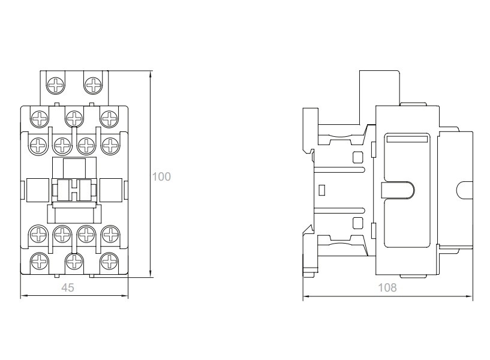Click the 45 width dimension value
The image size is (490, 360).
click(x=68, y=287)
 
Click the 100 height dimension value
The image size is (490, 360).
click(x=161, y=176)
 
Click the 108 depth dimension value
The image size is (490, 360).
click(x=387, y=287)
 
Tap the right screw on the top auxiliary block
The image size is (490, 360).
click(x=93, y=85)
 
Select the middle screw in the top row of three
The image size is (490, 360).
click(x=74, y=119)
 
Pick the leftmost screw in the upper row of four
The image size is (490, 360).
click(x=39, y=145)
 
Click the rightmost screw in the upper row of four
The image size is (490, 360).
click(x=110, y=145)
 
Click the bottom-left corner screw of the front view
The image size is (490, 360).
click(x=40, y=261)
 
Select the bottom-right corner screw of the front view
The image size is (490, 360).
click(x=109, y=261)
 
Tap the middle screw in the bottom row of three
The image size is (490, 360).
click(x=74, y=261)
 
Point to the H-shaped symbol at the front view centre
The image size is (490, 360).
click(x=74, y=190)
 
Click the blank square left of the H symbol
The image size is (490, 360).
click(x=38, y=190)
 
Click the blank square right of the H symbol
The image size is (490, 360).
click(x=110, y=190)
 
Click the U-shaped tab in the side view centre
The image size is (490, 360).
click(x=398, y=190)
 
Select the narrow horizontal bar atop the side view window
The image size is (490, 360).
click(x=407, y=139)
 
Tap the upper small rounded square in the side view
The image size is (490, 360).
click(x=357, y=157)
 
